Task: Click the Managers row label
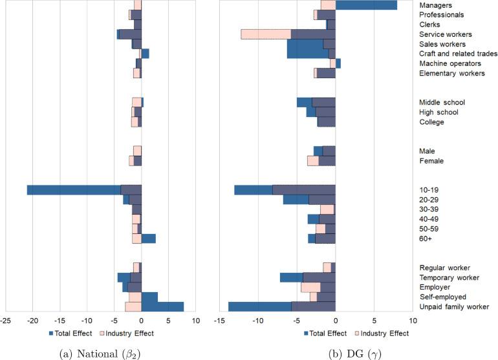pyautogui.click(x=435, y=5)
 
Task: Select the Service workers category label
pyautogui.click(x=446, y=34)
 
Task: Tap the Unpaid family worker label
pyautogui.click(x=454, y=306)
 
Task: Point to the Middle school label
pyautogui.click(x=442, y=103)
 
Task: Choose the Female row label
pyautogui.click(x=431, y=161)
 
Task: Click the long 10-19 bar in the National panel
pyautogui.click(x=74, y=190)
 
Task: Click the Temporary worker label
pyautogui.click(x=449, y=277)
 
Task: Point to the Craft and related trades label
pyautogui.click(x=458, y=54)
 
